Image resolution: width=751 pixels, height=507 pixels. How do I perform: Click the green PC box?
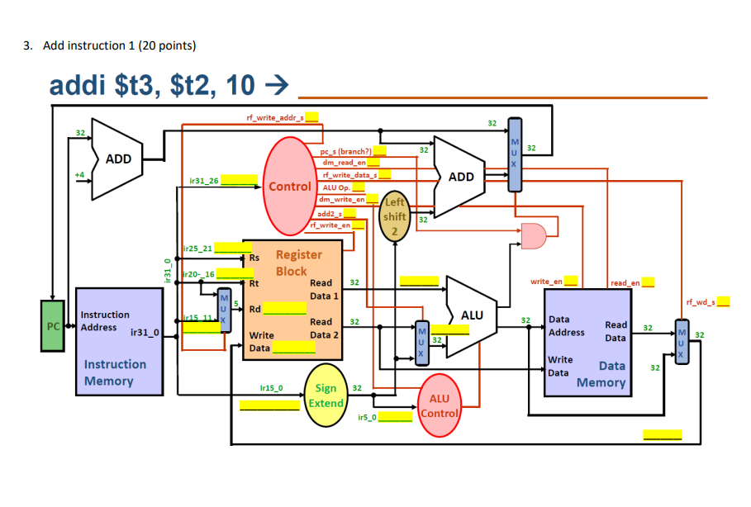[x=53, y=326]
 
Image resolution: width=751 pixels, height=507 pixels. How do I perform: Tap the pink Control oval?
[x=290, y=187]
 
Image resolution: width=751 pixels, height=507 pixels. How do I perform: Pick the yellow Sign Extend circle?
[x=326, y=396]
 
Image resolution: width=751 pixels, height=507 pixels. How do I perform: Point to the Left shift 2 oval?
[x=395, y=216]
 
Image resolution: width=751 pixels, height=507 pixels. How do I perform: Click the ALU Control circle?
[x=440, y=405]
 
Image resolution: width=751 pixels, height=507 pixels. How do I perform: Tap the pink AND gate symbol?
[x=533, y=235]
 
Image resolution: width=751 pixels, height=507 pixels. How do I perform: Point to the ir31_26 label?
[x=204, y=179]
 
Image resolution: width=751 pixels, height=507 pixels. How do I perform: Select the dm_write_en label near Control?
[x=341, y=199]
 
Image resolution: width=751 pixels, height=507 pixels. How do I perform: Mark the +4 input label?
[x=78, y=175]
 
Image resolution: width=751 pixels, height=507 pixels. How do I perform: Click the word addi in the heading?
[x=82, y=85]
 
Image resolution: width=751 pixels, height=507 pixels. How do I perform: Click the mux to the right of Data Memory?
[x=680, y=339]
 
